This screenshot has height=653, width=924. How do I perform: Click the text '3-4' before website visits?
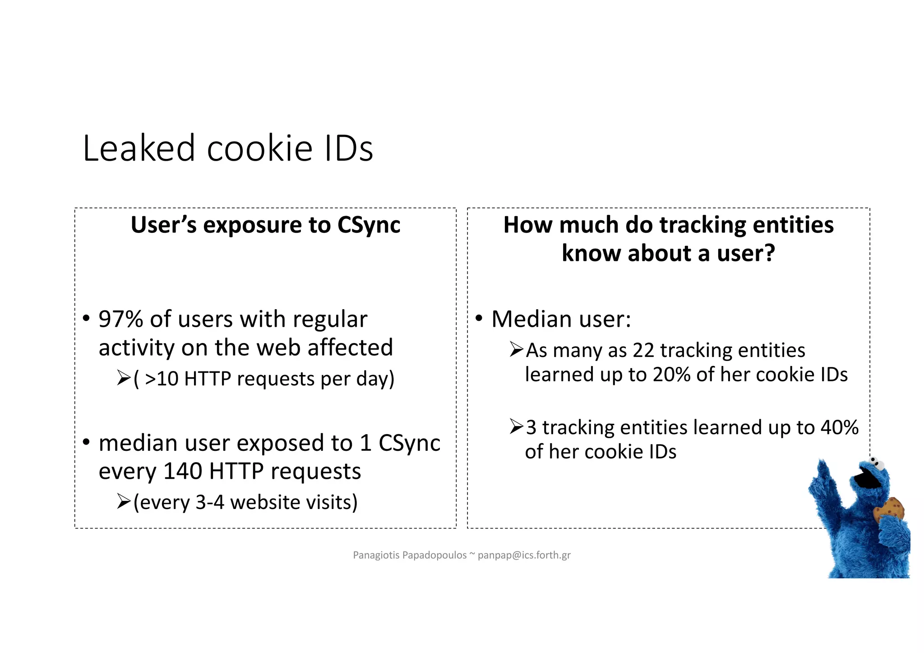coord(210,502)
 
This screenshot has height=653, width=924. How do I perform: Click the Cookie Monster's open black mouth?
coord(867,480)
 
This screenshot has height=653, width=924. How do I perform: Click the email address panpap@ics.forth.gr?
coord(524,555)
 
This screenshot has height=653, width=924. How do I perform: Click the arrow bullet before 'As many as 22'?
coord(516,350)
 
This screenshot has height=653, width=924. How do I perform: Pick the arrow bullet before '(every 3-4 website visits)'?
coord(123,501)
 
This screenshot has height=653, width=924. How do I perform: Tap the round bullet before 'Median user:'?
coord(479,318)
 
